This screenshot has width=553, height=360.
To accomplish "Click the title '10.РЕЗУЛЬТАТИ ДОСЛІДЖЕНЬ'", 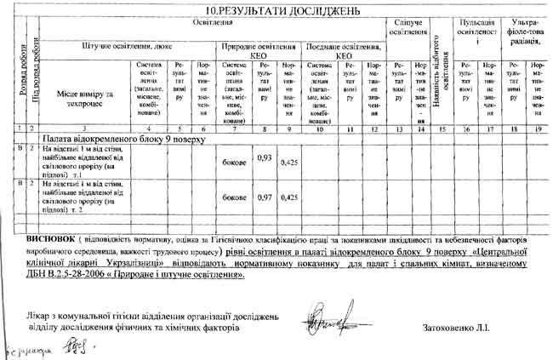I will click(276, 9).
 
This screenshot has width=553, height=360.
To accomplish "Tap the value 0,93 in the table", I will click(265, 158).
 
